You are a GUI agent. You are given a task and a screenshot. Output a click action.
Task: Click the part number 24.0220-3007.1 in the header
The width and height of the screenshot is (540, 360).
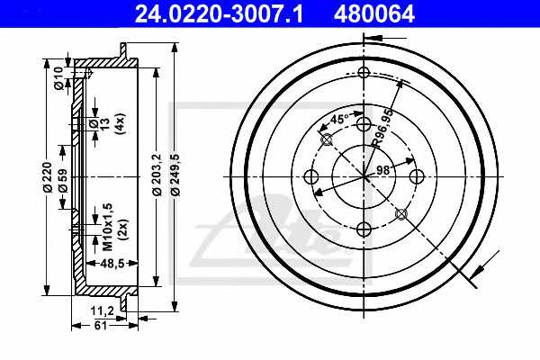click(x=219, y=14)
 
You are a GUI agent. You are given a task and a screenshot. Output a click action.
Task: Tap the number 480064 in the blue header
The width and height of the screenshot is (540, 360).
click(x=373, y=14)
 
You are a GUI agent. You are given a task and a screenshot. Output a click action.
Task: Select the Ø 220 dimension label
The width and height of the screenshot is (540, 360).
click(x=47, y=177)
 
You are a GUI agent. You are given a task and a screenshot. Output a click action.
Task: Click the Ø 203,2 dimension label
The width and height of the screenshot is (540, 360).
click(x=157, y=175)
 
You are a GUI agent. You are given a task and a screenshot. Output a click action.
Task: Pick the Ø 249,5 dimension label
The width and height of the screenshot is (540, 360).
click(x=175, y=175)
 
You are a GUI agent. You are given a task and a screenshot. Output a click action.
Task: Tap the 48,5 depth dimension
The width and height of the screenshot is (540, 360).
click(x=112, y=264)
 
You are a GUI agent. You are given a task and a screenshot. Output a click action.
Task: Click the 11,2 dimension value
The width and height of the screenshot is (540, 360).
click(x=103, y=311)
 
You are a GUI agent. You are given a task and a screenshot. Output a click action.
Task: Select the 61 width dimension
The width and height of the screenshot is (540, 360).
click(x=101, y=325)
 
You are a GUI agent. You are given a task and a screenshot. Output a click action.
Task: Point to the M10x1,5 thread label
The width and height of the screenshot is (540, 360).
click(x=108, y=226)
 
